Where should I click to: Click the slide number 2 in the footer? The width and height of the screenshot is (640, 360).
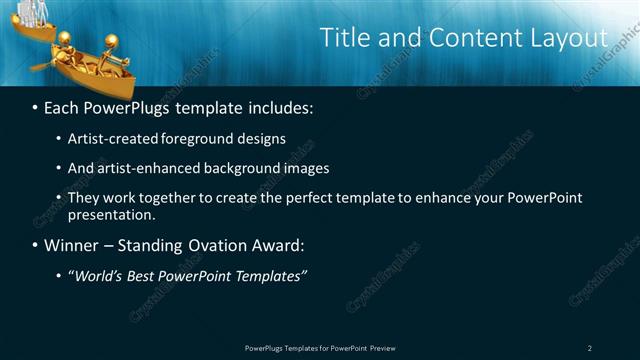(x=590, y=347)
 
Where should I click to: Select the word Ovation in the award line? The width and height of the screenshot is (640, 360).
(x=204, y=244)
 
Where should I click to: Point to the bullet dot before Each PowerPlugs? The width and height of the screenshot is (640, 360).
(x=36, y=106)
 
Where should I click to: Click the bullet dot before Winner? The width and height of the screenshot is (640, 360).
(x=36, y=244)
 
